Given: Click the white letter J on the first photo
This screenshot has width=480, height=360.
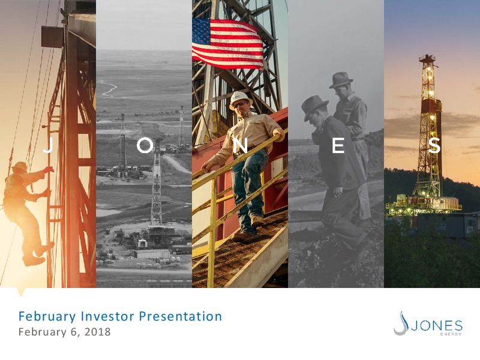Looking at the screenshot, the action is pos(49,145).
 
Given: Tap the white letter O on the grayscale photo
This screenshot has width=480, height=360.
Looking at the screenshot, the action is pos(145,145).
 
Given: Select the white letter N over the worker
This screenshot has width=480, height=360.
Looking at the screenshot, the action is pos(241,145).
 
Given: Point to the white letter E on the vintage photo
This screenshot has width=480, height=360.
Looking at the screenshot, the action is pos(338,145).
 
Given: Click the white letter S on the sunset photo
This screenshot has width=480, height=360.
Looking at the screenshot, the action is pos(434,145).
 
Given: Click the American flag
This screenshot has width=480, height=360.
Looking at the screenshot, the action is pos(227,43).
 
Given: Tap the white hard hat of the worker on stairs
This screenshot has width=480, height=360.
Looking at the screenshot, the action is pos(241,99).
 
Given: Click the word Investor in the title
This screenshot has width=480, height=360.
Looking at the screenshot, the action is pos(107,316).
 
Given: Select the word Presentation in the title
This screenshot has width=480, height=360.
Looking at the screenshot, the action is pos(181,316).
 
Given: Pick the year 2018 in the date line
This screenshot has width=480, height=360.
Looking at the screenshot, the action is pos(98,332).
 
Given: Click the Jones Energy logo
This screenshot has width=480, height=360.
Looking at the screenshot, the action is pos(428,323).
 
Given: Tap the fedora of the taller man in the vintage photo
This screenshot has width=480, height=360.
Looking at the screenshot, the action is pos(341,80).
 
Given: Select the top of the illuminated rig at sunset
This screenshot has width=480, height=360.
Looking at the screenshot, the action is pos(427,57).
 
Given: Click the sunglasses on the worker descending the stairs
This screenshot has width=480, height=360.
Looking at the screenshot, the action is pos(241,104).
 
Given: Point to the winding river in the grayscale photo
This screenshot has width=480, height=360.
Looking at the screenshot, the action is pos(109,89).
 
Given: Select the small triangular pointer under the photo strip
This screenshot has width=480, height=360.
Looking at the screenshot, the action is pos(20,292).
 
